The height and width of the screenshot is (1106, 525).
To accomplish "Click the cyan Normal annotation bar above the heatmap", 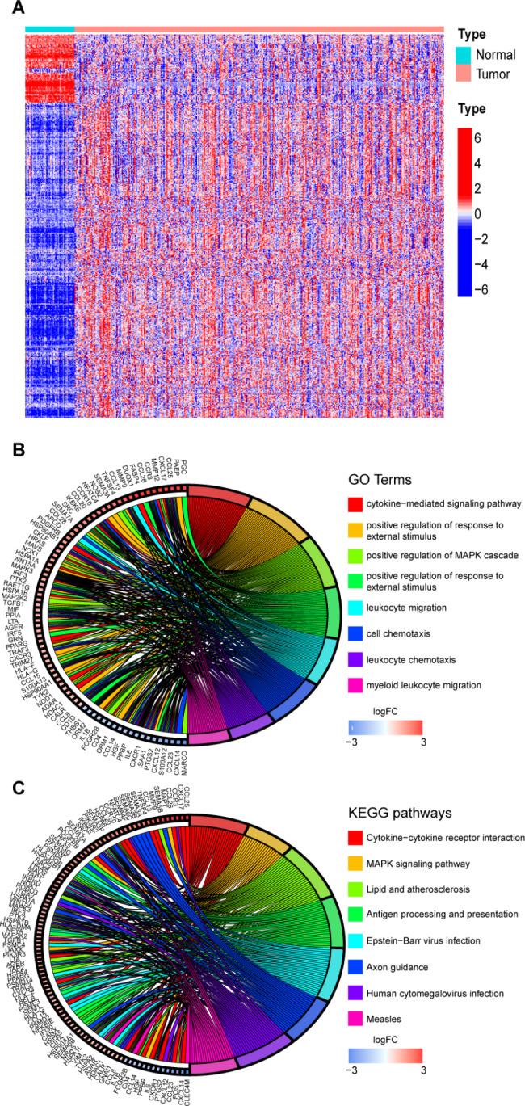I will (49, 30).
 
